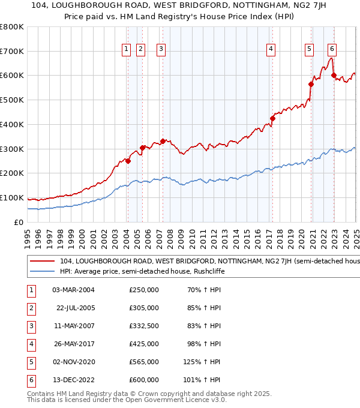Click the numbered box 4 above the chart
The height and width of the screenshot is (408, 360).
(x=271, y=49)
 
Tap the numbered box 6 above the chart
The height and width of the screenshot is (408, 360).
(x=332, y=49)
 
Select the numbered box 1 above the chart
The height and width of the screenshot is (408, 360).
(x=127, y=49)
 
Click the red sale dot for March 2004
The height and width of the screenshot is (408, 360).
(x=128, y=161)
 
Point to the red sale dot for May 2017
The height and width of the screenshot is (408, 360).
(x=272, y=118)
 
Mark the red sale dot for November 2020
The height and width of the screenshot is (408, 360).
(x=311, y=84)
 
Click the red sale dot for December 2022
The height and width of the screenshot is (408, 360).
(x=334, y=76)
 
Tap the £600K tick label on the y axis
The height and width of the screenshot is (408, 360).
(x=12, y=76)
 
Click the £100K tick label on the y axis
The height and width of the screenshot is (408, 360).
(x=12, y=197)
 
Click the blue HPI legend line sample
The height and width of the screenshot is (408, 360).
(x=42, y=271)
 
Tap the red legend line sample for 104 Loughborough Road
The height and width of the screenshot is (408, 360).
(x=42, y=261)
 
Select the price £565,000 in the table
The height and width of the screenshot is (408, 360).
(x=144, y=362)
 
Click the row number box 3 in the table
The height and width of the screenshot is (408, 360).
(x=30, y=326)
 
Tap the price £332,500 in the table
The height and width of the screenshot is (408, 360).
(x=144, y=326)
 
